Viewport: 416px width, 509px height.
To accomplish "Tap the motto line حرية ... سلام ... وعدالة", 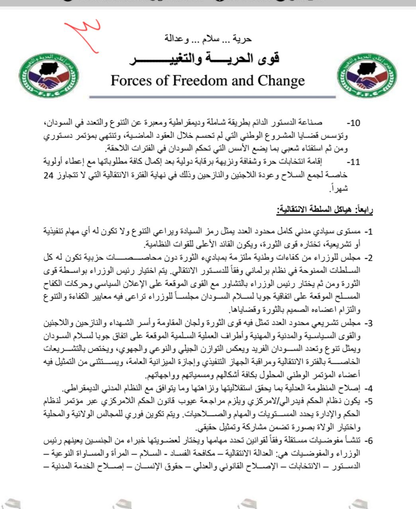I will pyautogui.click(x=208, y=39).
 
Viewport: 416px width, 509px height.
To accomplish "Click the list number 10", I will pyautogui.click(x=353, y=123).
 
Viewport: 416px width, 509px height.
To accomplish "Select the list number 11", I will pyautogui.click(x=353, y=162).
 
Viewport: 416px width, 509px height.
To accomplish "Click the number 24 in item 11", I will pyautogui.click(x=48, y=176).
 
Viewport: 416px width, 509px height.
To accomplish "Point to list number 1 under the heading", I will pyautogui.click(x=369, y=232).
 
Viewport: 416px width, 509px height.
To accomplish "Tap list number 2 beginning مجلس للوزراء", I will pyautogui.click(x=369, y=257).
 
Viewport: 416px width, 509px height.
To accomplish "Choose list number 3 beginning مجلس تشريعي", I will pyautogui.click(x=369, y=323).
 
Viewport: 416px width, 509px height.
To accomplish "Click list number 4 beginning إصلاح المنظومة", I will pyautogui.click(x=369, y=388).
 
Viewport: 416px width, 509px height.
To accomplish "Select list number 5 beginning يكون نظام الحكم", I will pyautogui.click(x=369, y=401).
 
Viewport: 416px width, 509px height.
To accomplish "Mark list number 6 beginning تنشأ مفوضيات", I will pyautogui.click(x=369, y=441).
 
